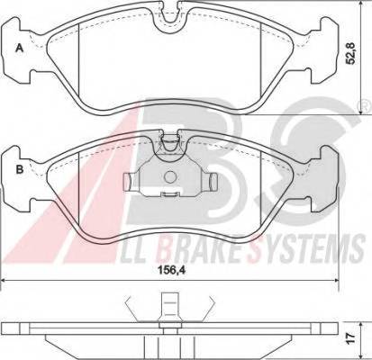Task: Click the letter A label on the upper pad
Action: pyautogui.click(x=20, y=48)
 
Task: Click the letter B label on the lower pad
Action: pyautogui.click(x=20, y=170)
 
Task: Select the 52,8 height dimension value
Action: pyautogui.click(x=350, y=53)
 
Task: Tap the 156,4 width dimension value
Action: pyautogui.click(x=171, y=270)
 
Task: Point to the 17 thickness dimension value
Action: pyautogui.click(x=350, y=337)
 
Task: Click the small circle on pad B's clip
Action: pyautogui.click(x=170, y=177)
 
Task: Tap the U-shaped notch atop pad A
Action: pyautogui.click(x=170, y=19)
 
